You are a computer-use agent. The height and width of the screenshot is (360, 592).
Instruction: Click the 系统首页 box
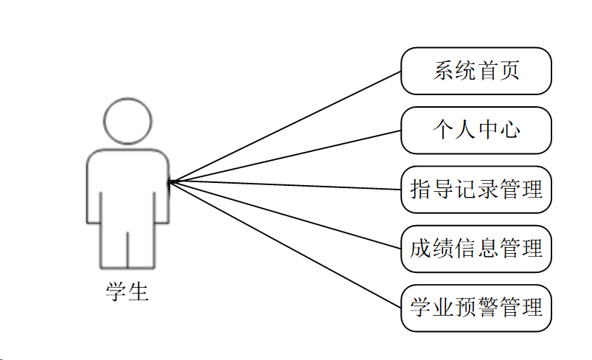pos(476,71)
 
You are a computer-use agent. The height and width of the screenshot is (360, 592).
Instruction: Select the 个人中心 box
pos(476,130)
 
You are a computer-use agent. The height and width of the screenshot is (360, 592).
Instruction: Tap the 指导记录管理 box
pos(476,190)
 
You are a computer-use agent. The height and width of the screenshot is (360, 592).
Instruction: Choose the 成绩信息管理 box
pos(476,249)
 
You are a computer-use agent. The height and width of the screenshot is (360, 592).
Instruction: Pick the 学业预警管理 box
pos(476,308)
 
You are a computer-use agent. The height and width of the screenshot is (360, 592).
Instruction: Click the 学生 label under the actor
pos(128,292)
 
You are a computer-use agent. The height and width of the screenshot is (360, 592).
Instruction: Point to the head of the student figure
pos(128,121)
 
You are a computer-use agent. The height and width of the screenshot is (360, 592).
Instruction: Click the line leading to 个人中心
pos(285,156)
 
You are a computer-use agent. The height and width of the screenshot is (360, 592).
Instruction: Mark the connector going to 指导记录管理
pos(285,185)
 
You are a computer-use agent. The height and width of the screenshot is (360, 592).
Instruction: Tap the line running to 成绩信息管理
pos(285,215)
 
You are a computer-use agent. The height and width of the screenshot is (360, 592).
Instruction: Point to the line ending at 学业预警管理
pos(285,244)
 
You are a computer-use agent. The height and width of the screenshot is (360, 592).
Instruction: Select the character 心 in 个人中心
pos(509,130)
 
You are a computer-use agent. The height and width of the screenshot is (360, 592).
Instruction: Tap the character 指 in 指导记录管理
pos(420,190)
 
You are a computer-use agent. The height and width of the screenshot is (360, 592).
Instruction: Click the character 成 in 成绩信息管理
pos(420,249)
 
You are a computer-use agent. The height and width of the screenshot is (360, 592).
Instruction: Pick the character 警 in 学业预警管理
pos(487,308)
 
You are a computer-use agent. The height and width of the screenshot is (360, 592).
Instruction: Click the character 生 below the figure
pos(139,292)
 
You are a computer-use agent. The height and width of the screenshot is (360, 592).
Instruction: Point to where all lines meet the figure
pos(170,181)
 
